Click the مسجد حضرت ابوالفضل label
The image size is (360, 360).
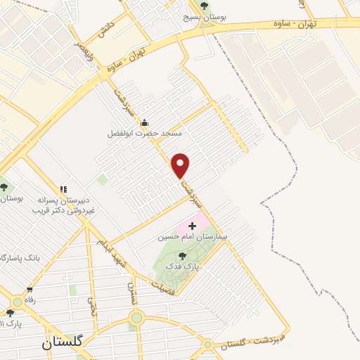[145, 133]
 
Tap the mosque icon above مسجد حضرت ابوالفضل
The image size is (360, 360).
[145, 122]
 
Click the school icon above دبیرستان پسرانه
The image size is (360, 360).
[64, 189]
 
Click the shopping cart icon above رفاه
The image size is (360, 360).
[30, 290]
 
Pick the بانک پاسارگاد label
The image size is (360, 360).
[21, 258]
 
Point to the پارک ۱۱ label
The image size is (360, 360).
[11, 323]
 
